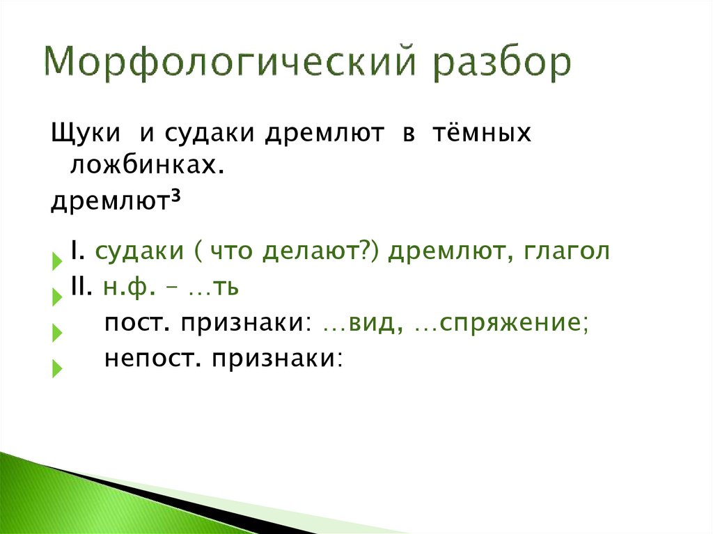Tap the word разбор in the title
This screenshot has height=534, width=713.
click(x=502, y=65)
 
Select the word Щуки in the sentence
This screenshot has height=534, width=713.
click(x=84, y=134)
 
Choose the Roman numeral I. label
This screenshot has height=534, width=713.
click(x=77, y=251)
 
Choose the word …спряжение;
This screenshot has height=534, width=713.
click(x=502, y=323)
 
